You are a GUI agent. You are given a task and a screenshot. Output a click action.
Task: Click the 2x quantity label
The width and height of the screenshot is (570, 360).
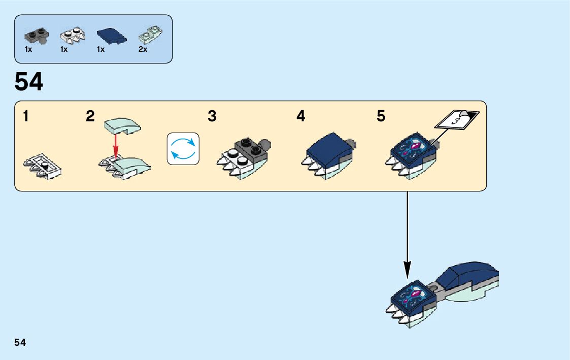(x=143, y=49)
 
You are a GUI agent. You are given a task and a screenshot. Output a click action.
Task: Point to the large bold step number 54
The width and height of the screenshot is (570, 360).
(x=29, y=82)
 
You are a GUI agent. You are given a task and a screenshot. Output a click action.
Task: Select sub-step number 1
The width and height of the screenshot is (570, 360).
(x=25, y=117)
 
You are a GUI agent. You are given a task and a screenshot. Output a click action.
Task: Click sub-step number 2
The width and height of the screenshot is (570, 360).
(x=90, y=117)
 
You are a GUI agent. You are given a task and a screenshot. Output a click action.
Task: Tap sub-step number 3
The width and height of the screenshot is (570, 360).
(x=212, y=117)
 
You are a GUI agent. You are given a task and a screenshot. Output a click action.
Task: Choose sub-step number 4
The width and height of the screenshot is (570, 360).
(x=301, y=117)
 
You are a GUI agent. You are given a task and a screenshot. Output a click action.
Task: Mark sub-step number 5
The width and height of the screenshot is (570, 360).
(x=381, y=117)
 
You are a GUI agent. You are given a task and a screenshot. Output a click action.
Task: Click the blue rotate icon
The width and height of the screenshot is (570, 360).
(x=183, y=149)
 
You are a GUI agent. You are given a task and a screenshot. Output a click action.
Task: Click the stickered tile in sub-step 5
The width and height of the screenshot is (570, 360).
(x=412, y=149)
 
